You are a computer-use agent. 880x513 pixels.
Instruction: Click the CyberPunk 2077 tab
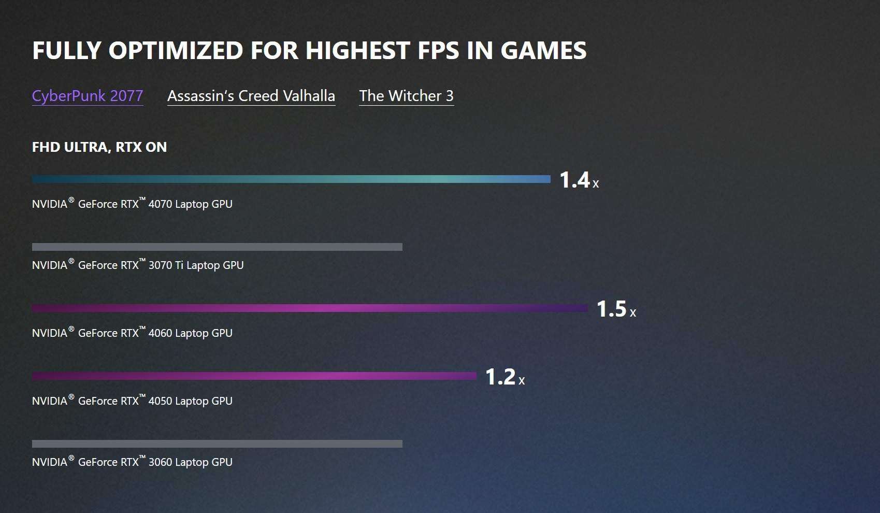click(88, 96)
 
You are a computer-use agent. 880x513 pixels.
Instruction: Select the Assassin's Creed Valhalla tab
click(251, 96)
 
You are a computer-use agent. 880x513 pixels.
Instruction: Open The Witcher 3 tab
click(407, 96)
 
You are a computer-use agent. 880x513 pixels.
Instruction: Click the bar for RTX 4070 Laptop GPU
click(291, 179)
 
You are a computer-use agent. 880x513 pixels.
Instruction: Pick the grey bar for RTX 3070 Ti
click(217, 247)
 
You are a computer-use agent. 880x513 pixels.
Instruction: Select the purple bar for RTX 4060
click(310, 308)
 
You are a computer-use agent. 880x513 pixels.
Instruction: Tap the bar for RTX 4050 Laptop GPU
click(254, 376)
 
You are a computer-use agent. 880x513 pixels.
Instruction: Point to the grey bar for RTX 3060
click(217, 444)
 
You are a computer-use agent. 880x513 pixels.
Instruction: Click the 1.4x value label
click(579, 180)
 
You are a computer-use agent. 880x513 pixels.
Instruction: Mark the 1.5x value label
click(616, 309)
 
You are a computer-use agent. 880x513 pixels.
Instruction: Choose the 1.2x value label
click(505, 377)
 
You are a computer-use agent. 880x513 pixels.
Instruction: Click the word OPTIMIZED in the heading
click(176, 51)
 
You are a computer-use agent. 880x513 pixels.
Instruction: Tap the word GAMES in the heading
click(543, 51)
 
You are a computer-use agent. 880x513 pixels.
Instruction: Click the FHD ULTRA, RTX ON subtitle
click(99, 147)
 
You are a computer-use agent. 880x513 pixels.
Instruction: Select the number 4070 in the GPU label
click(160, 204)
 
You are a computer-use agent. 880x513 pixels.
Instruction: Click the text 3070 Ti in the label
click(166, 265)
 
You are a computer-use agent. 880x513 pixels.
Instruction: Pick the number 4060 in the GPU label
click(160, 333)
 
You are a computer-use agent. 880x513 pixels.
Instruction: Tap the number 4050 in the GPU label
click(160, 401)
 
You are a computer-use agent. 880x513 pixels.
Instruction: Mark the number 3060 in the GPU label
click(160, 462)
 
